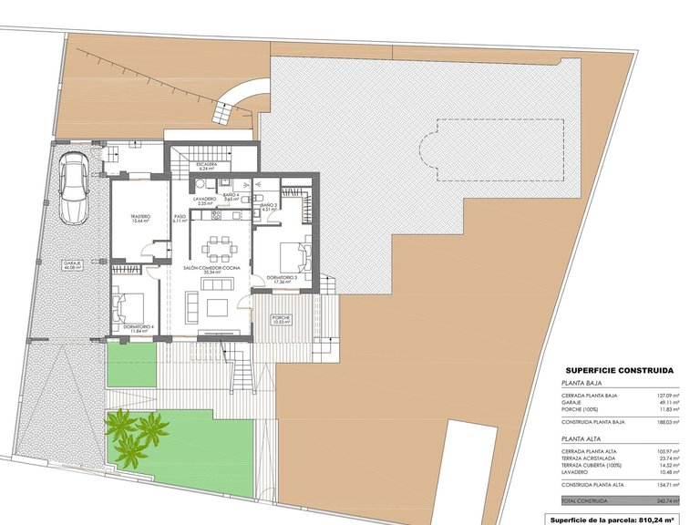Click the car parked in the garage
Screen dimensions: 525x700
72,188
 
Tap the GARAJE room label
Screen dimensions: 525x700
72,265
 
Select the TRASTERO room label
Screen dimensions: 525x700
140,217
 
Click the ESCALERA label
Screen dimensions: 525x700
206,165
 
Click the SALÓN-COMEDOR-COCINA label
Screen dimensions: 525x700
212,269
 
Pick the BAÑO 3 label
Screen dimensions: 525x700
268,207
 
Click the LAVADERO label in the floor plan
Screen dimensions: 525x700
204,199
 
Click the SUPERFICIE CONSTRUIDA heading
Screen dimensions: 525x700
620,371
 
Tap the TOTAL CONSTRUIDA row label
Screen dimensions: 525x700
583,501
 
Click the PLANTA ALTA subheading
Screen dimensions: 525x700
582,438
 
